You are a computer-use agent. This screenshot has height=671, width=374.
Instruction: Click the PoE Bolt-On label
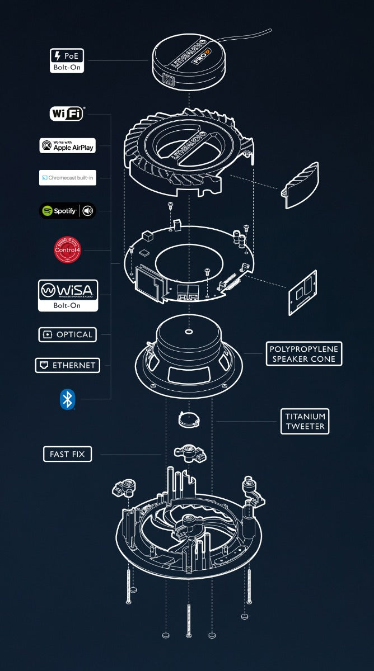[67, 60]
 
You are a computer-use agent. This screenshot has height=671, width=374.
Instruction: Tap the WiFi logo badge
[67, 114]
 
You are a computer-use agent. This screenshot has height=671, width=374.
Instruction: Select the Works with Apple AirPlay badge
[67, 145]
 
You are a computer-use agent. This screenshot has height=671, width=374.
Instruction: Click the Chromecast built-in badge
[67, 178]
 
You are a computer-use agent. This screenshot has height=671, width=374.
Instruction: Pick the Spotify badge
[67, 211]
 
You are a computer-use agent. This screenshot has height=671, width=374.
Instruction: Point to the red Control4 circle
[67, 250]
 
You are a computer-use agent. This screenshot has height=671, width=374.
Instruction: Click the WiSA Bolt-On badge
[67, 295]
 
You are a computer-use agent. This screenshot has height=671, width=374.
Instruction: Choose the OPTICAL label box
[67, 334]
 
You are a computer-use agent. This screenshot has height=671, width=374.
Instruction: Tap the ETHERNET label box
[67, 366]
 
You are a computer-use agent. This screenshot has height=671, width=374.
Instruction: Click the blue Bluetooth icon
[67, 399]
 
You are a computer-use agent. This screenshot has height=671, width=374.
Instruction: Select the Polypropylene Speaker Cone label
[303, 354]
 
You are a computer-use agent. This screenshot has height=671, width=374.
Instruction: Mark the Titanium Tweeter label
[305, 421]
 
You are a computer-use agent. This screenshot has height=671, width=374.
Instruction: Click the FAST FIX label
[67, 454]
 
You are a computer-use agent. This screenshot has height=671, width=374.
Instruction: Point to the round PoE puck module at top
[188, 60]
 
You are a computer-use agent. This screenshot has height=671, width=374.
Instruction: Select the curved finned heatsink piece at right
[300, 186]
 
